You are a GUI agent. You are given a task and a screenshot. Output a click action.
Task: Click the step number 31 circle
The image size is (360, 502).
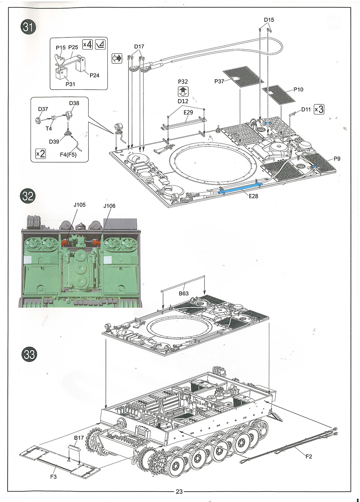(x=28, y=27)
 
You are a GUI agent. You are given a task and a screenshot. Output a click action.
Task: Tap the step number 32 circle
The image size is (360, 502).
(x=28, y=196)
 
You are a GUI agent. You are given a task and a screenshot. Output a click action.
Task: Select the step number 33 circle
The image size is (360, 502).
(x=29, y=354)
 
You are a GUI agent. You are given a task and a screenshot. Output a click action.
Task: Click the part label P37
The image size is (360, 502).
(x=219, y=81)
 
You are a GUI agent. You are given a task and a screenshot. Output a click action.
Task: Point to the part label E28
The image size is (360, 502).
(x=253, y=196)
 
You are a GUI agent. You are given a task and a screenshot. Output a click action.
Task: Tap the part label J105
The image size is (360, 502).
(x=80, y=205)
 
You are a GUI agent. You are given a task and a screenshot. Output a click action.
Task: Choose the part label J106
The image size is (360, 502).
(x=109, y=206)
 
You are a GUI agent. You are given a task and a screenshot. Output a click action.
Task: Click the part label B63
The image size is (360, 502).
(x=184, y=293)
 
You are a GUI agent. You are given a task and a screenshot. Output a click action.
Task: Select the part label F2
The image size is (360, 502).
(x=309, y=457)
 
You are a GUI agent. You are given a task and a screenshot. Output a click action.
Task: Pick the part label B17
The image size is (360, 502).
(x=79, y=438)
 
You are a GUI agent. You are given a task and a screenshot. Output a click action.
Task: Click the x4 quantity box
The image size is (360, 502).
(x=87, y=45)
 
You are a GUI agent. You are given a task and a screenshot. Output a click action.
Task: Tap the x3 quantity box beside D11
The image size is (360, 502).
(x=319, y=109)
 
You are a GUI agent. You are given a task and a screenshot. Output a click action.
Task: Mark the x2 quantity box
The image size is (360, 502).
(x=41, y=154)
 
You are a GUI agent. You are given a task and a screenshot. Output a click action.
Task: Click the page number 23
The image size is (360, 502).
(x=179, y=492)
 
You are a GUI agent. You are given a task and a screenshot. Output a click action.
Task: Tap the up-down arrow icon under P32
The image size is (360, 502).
(x=183, y=91)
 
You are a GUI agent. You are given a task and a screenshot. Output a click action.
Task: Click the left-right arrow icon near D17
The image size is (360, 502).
(x=117, y=59)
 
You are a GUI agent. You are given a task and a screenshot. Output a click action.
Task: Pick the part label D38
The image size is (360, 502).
(x=74, y=103)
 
